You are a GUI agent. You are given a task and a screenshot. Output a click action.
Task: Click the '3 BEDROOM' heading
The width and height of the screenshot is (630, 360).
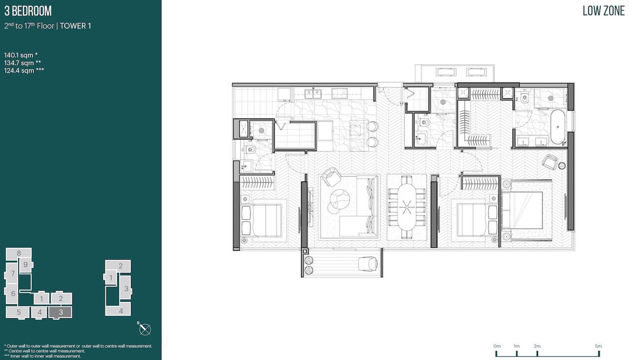tap(28, 11)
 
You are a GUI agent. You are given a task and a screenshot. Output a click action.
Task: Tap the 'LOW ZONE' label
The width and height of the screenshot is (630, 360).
tap(603, 11)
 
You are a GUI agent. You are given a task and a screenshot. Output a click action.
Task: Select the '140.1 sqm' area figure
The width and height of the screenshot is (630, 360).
tap(19, 55)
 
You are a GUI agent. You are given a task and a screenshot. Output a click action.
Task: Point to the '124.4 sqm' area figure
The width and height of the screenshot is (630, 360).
tap(19, 70)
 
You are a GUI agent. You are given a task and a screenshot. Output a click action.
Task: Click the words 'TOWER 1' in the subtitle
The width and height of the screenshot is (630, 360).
tap(75, 26)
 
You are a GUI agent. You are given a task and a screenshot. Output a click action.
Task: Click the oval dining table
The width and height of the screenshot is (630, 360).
tap(407, 207)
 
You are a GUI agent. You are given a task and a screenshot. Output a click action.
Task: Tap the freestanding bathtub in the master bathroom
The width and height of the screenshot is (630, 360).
tap(558, 127)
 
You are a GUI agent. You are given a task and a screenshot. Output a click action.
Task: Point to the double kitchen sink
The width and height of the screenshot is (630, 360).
tap(313, 93)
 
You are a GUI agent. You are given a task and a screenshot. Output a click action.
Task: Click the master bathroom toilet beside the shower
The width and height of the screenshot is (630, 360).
tap(525, 98)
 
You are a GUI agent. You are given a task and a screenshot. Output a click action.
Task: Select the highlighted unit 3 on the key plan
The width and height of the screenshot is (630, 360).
tap(61, 312)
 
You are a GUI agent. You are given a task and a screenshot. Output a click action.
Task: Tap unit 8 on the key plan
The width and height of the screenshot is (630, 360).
tap(19, 253)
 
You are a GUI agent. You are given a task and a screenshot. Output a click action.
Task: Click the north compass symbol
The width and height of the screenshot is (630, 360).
tap(145, 329)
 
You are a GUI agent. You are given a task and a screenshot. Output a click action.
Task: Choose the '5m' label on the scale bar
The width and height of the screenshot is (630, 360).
tap(598, 346)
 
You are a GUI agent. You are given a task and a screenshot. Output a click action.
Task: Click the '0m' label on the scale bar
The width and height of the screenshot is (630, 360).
tap(497, 346)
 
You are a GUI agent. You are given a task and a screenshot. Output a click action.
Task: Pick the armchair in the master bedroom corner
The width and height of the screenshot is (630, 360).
tap(550, 162)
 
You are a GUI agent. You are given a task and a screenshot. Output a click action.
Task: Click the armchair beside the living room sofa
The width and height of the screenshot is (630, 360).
tap(331, 177)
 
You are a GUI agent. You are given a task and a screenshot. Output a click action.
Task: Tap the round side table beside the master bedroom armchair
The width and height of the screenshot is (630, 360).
tap(562, 166)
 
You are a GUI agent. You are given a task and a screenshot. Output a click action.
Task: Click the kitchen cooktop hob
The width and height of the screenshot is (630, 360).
tap(340, 93)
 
